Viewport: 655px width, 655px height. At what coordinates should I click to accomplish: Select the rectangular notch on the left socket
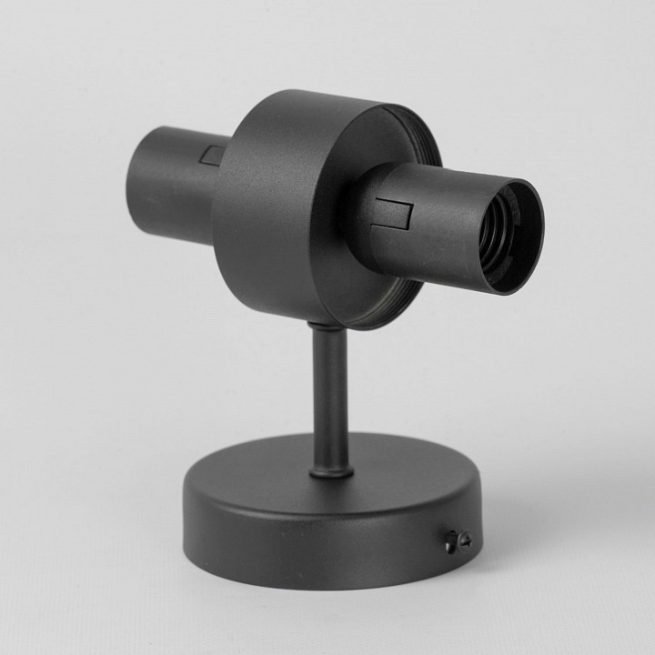pos(214,155)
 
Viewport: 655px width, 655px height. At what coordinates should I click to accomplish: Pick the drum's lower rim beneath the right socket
pos(391,305)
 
